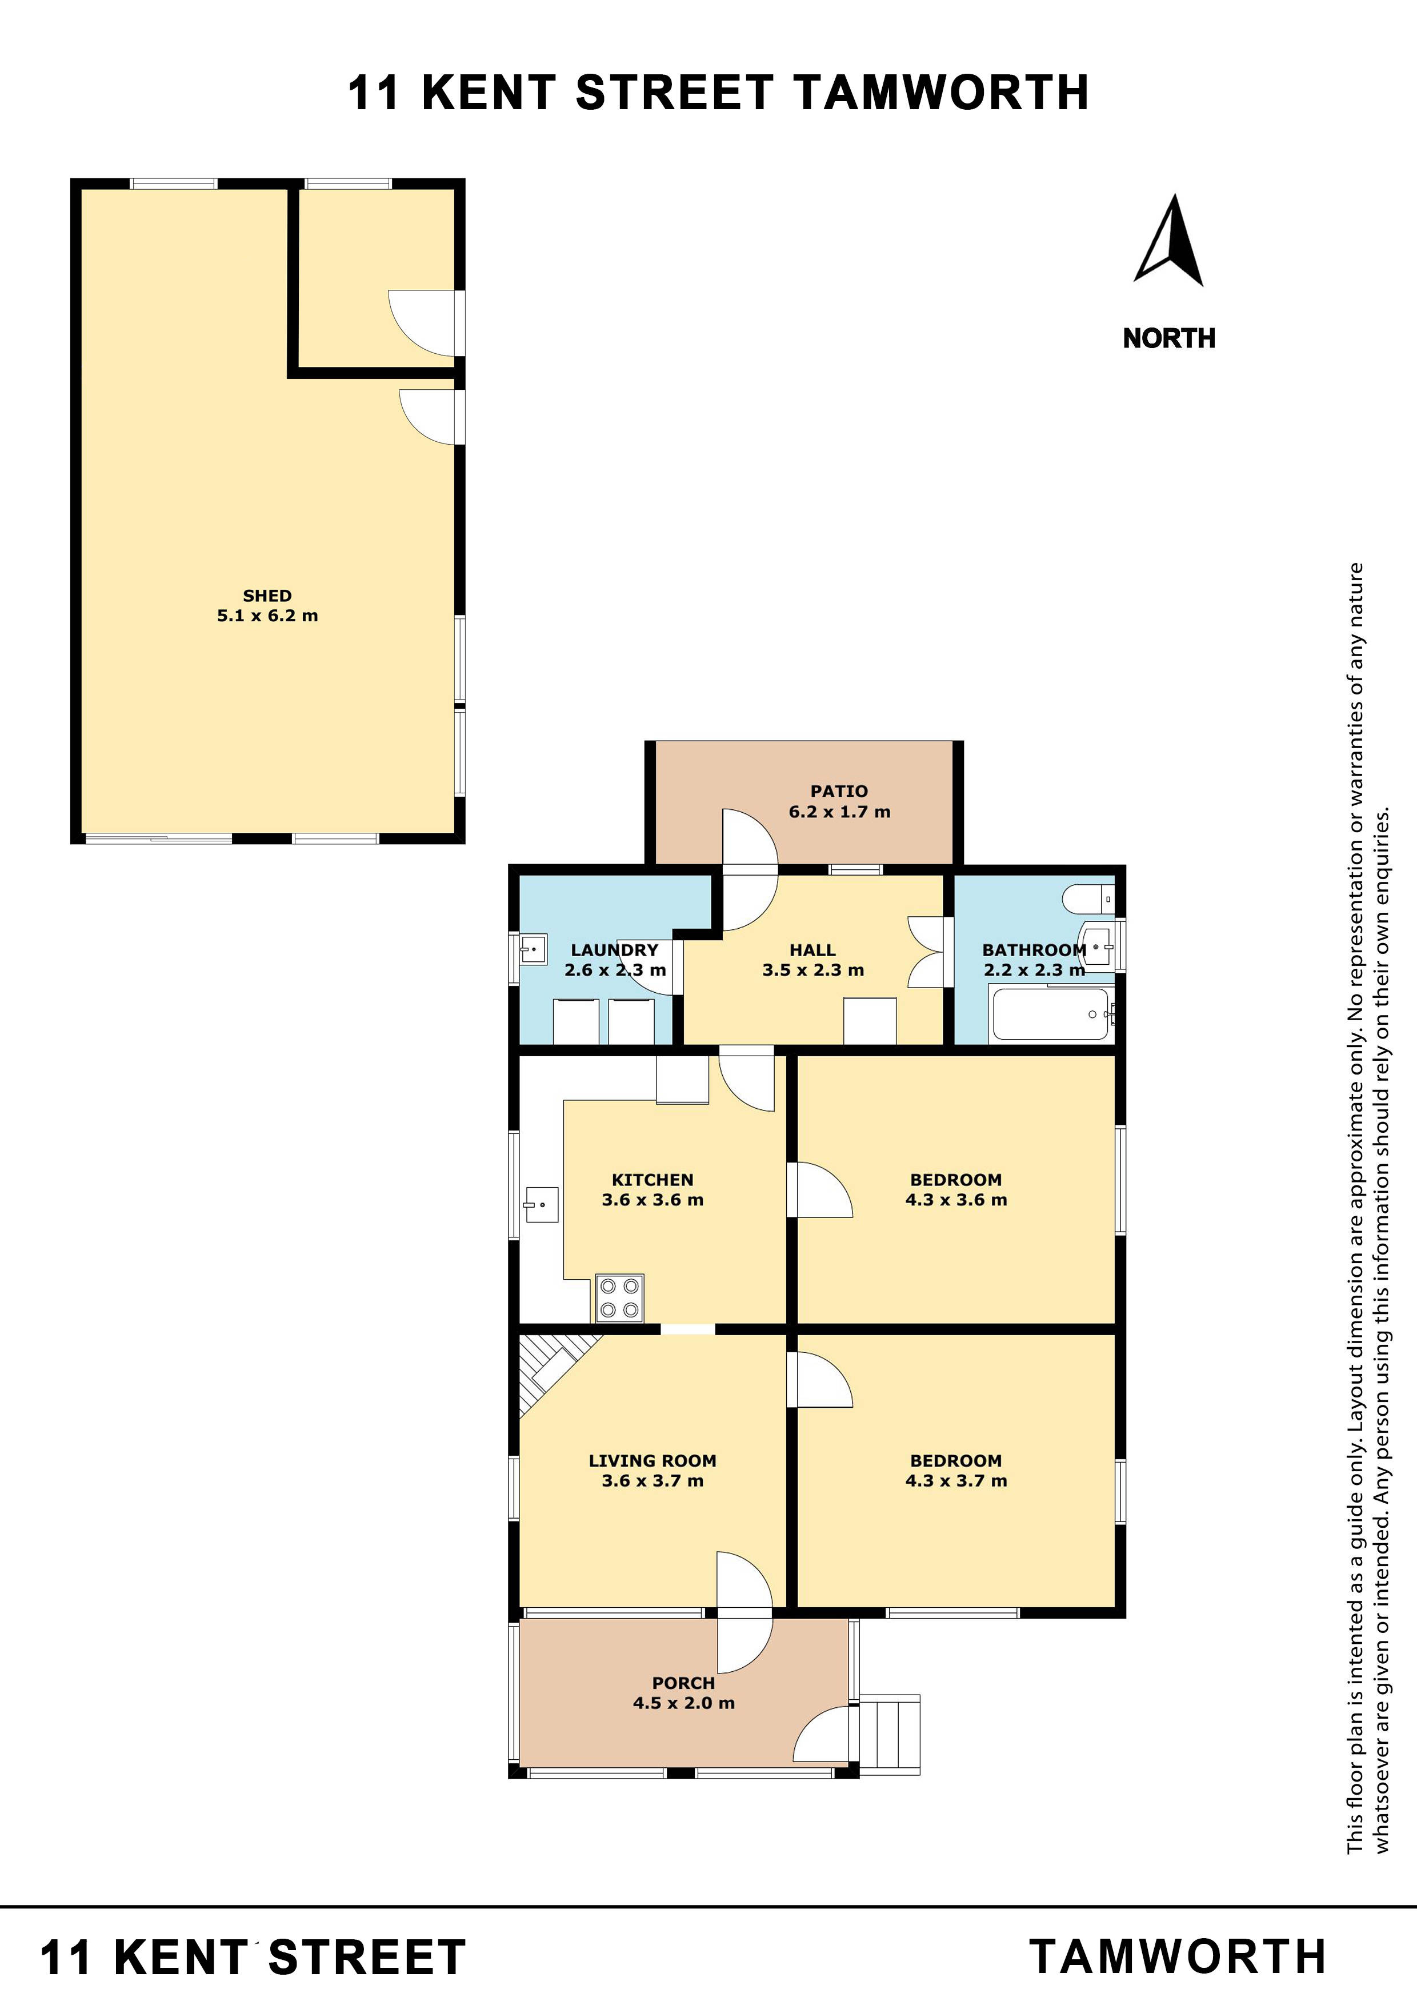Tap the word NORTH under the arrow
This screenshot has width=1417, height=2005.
pyautogui.click(x=1168, y=338)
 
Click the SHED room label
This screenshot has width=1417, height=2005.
pyautogui.click(x=267, y=596)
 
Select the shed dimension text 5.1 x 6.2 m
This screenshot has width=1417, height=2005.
pyautogui.click(x=267, y=616)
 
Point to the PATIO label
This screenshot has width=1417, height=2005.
pyautogui.click(x=839, y=791)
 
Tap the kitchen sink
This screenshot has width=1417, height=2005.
pyautogui.click(x=541, y=1204)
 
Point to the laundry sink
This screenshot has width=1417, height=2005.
pyautogui.click(x=533, y=948)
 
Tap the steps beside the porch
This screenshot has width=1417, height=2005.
pyautogui.click(x=889, y=1735)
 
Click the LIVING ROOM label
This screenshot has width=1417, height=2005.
pyautogui.click(x=652, y=1460)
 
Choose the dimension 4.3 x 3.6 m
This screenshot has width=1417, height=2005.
pyautogui.click(x=956, y=1200)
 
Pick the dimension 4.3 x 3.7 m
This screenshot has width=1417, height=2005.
pyautogui.click(x=956, y=1480)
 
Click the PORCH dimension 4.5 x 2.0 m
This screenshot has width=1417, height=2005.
pyautogui.click(x=683, y=1703)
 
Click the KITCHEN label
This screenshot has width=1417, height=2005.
pyautogui.click(x=652, y=1180)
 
